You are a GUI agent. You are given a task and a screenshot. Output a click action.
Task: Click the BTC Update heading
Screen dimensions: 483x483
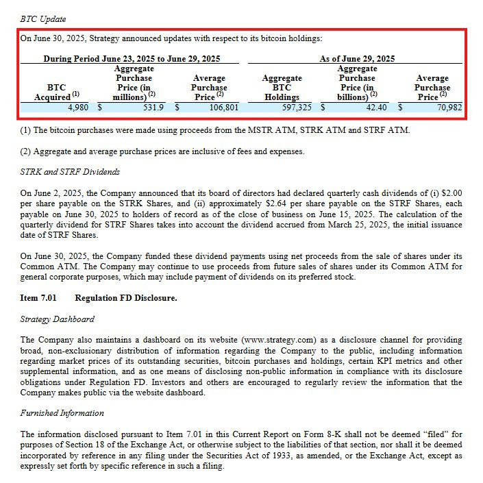43,18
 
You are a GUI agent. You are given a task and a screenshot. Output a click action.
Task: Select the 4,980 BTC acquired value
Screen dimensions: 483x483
78,108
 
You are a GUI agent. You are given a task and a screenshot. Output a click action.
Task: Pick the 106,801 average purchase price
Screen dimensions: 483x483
222,108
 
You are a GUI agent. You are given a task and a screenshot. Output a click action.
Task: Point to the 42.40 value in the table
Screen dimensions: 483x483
376,108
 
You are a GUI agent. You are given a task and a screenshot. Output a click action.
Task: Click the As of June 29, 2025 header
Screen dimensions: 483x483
357,59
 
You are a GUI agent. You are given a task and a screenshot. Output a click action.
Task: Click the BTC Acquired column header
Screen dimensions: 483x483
56,92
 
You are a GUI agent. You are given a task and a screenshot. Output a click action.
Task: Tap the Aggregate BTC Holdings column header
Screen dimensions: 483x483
282,88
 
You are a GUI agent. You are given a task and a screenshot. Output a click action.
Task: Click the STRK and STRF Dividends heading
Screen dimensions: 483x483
70,171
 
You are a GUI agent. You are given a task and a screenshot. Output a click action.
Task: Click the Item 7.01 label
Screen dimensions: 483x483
38,298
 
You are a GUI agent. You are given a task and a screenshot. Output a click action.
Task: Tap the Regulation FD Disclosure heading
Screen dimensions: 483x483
126,298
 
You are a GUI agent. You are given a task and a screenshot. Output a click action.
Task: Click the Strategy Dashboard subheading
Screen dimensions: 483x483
57,319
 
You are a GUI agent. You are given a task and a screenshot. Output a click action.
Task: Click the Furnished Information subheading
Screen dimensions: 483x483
62,413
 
